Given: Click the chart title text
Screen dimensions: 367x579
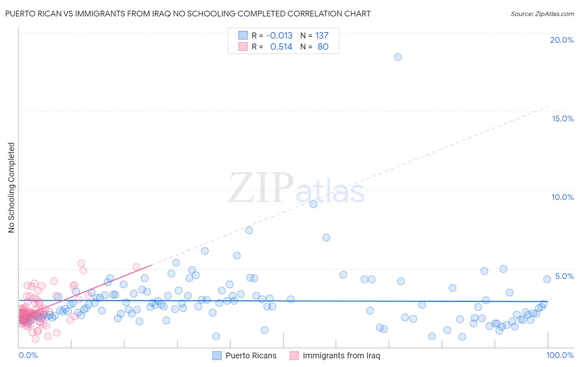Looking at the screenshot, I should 188,14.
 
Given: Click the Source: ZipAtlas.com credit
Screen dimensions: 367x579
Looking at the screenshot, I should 542,14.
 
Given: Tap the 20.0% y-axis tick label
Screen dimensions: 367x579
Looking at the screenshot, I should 562,40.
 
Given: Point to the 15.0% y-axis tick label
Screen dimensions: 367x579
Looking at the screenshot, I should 563,118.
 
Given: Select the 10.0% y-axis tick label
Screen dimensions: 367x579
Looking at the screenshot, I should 563,197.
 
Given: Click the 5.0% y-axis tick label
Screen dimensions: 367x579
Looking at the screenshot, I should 564,276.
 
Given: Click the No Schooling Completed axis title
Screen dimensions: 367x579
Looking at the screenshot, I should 11,188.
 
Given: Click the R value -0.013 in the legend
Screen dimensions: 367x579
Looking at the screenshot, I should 279,36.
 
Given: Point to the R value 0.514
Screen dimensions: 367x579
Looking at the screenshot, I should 281,47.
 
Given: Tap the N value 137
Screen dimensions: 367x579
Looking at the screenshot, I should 322,36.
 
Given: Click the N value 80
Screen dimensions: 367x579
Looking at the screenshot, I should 323,47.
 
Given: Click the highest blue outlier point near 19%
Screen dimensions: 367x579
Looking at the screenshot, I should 398,57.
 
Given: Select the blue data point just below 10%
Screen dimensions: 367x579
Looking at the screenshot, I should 313,204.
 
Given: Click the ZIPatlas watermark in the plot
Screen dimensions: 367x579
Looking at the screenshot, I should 297,188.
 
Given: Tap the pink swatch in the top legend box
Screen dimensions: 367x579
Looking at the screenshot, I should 243,47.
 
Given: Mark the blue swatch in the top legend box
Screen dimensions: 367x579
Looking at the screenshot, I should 243,36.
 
